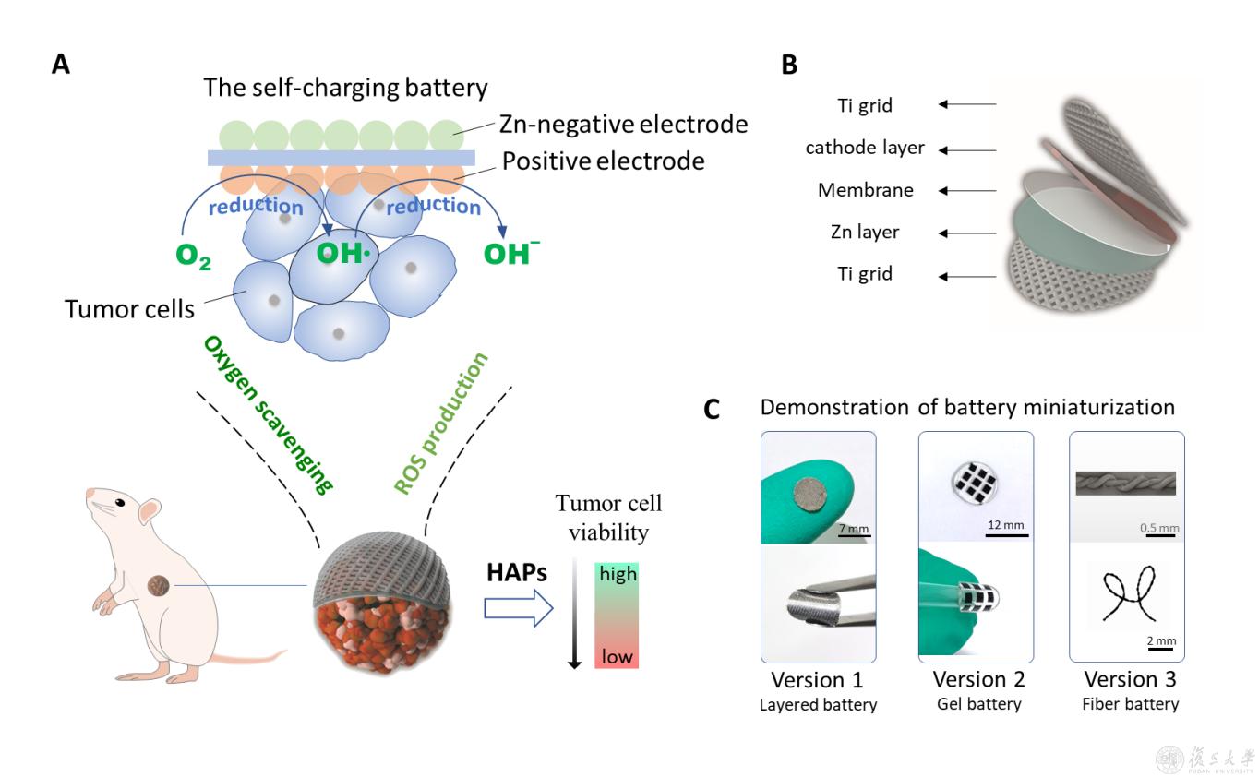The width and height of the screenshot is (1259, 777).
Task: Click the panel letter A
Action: pos(61,65)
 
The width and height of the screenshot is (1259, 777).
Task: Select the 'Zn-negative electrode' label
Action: pos(623,124)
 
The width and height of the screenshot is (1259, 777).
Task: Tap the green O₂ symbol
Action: pos(192,257)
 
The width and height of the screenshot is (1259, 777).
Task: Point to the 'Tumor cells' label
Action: pos(129,307)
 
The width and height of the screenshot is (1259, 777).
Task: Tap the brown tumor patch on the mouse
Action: pos(160,584)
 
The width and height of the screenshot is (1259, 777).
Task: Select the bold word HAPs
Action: pos(517,573)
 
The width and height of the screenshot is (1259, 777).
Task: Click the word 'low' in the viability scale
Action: pos(617,656)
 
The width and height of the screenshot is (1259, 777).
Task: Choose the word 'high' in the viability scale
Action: pos(618,574)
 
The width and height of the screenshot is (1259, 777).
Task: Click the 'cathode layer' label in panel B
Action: pos(865,148)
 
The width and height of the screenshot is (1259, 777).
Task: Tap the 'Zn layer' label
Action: pos(865,233)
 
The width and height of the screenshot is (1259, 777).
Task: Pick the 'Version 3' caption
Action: pos(1130,680)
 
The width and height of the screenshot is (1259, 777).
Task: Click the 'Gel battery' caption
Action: pos(978,704)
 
